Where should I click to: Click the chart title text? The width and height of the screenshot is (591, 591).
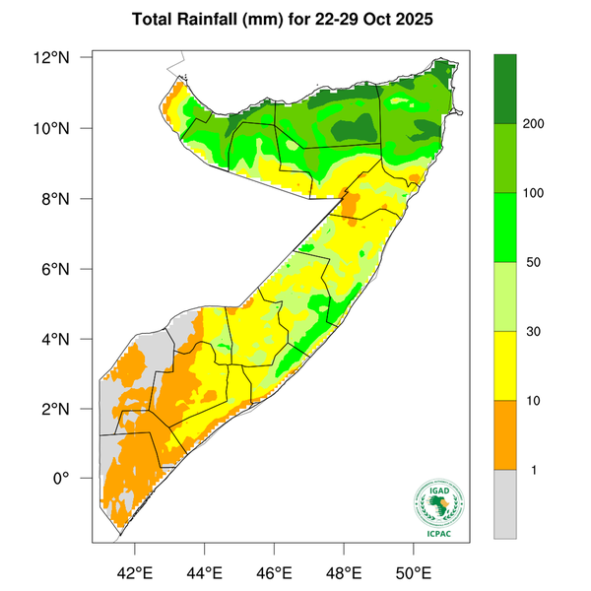point(295,20)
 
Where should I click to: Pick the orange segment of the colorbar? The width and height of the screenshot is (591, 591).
point(505,434)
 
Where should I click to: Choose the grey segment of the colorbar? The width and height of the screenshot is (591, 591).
point(505,503)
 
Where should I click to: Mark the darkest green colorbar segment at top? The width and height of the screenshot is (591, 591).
point(505,89)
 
